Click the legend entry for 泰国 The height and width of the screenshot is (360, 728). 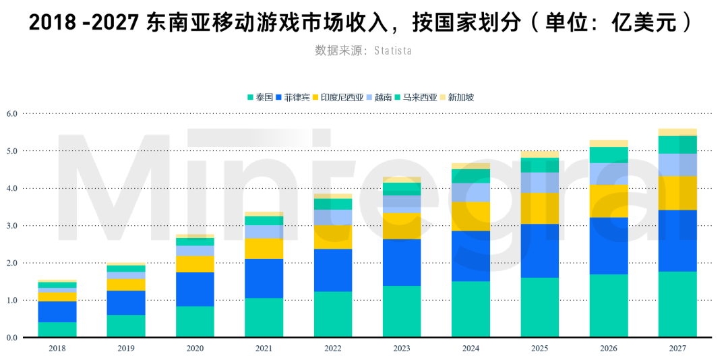260,97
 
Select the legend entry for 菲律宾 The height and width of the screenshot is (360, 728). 293,97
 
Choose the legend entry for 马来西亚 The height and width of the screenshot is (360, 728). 415,97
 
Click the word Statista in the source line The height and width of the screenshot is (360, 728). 392,51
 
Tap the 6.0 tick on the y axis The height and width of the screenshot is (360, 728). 11,113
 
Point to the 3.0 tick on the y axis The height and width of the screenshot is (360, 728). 11,225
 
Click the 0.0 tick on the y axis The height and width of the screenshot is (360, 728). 11,337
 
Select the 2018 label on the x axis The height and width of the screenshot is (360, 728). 57,349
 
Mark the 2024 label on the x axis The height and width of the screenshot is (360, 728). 471,349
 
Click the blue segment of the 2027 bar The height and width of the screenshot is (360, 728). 677,241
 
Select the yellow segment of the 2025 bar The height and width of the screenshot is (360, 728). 540,208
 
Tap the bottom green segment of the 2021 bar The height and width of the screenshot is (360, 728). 264,317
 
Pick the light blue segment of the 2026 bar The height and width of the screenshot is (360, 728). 609,174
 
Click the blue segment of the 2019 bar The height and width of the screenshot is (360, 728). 126,303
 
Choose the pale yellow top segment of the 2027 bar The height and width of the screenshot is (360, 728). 677,132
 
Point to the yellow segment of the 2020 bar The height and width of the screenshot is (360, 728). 195,264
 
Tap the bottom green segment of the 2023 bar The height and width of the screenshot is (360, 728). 402,311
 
